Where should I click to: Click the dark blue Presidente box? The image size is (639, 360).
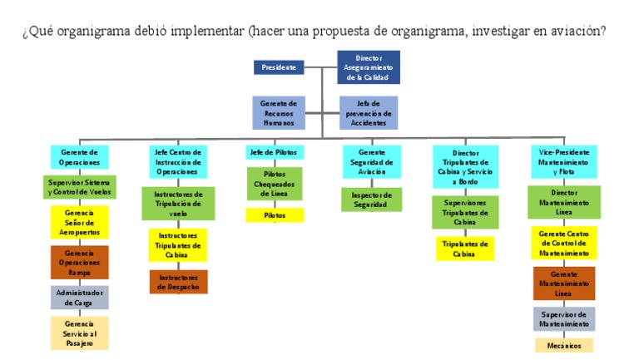(279, 67)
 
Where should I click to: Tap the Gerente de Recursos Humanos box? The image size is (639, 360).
(279, 113)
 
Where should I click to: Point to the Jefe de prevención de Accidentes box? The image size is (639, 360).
(369, 113)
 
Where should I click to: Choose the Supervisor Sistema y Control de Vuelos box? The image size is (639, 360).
(80, 187)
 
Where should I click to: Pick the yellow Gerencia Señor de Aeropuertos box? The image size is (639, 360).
(80, 223)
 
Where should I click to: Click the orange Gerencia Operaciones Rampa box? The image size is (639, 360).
(80, 262)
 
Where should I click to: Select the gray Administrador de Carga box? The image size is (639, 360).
(80, 298)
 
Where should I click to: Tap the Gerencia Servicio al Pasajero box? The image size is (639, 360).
(80, 333)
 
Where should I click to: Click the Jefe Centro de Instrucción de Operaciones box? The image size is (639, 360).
(179, 162)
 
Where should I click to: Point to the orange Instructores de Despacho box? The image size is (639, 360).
(179, 282)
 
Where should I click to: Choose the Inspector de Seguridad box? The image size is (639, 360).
(370, 200)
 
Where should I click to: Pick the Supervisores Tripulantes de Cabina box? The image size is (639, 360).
(465, 212)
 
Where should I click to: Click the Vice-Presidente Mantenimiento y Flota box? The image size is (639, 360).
(564, 162)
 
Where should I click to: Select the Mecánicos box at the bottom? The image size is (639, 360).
(564, 345)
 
